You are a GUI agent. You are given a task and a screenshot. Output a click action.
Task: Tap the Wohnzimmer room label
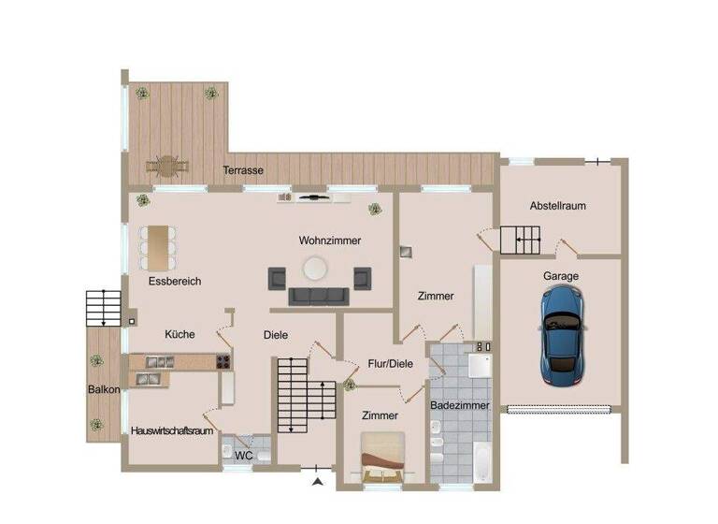pos(329,240)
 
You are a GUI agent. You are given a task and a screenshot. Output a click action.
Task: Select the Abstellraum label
pos(557,206)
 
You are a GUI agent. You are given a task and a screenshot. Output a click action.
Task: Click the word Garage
pos(561,276)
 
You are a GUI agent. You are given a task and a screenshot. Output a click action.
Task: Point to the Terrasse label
pos(242,171)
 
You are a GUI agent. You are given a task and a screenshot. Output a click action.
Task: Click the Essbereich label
pos(174,281)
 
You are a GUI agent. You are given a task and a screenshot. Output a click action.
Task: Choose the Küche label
pos(179,334)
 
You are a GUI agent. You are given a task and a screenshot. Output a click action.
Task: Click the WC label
pos(243,456)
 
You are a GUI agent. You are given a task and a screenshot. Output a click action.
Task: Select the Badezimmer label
pos(460,406)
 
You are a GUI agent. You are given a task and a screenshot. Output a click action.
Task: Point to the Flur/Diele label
pos(390,363)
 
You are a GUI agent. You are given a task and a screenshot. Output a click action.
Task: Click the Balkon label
pos(104,389)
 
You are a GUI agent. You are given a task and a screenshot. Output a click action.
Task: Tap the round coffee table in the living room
pos(315,269)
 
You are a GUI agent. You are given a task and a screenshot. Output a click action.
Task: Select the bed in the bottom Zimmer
pos(382,458)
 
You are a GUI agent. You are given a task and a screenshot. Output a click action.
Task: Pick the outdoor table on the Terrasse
pos(167,167)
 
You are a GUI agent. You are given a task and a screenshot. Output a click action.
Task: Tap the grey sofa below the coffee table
pos(318,297)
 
